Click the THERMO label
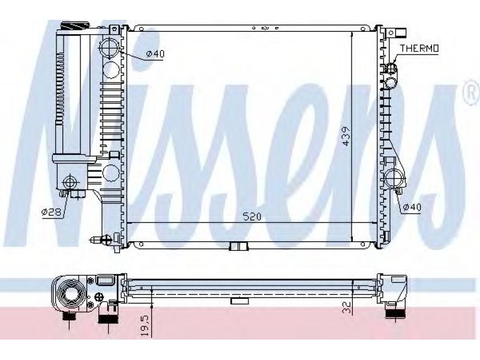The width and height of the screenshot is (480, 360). click(x=419, y=49)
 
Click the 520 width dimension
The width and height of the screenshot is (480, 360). click(x=252, y=217)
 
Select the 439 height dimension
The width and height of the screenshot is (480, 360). click(x=346, y=136)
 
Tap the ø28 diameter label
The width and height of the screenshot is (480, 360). click(x=52, y=211)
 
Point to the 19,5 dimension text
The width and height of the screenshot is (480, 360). click(x=145, y=326)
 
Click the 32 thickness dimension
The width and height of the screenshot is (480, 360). click(x=347, y=307)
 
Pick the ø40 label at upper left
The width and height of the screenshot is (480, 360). click(x=155, y=54)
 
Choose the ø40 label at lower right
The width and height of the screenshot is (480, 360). click(x=412, y=207)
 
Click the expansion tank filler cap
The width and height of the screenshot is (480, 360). click(x=74, y=25)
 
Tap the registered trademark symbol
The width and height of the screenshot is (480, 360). click(x=473, y=93)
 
